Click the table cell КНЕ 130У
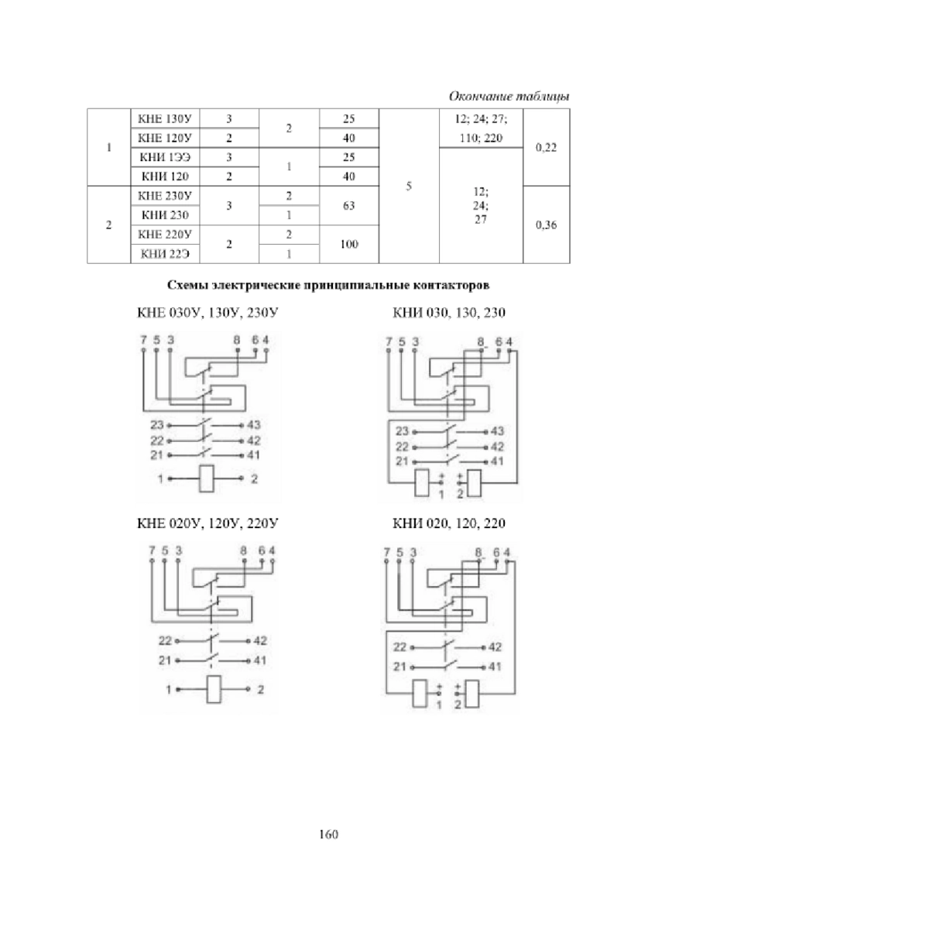[x=165, y=118]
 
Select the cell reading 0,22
[x=547, y=148]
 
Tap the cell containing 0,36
[x=547, y=225]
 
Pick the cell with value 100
[x=349, y=244]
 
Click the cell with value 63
[x=349, y=205]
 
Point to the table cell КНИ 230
[x=165, y=215]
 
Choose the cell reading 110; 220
[x=481, y=139]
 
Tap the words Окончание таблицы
[x=509, y=97]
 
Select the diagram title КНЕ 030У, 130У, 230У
[x=207, y=313]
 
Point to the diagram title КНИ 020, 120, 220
[x=449, y=523]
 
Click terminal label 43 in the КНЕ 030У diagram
[x=254, y=425]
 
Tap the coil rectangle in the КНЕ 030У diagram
[x=207, y=478]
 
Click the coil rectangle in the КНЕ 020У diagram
[x=214, y=690]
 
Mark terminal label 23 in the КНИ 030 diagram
[x=402, y=431]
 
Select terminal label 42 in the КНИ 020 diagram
[x=495, y=647]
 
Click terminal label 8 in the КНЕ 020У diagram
[x=243, y=550]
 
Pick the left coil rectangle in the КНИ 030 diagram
[x=422, y=482]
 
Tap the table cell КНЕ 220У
[x=165, y=235]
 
